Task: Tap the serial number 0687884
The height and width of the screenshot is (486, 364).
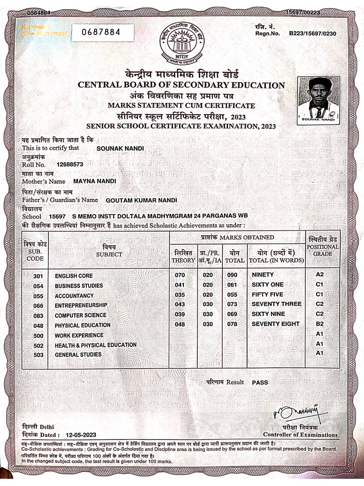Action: (x=101, y=33)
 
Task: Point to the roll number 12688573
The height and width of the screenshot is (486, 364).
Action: (x=70, y=164)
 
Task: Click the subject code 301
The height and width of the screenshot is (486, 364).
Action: (x=38, y=276)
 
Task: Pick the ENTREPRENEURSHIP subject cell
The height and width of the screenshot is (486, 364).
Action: (x=81, y=305)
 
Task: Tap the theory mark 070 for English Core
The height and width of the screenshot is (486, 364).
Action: (x=180, y=275)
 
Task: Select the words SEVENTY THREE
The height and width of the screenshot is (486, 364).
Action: (x=276, y=304)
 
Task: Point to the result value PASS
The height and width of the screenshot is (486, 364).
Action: (x=260, y=382)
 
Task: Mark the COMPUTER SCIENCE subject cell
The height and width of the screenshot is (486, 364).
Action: (x=80, y=315)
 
